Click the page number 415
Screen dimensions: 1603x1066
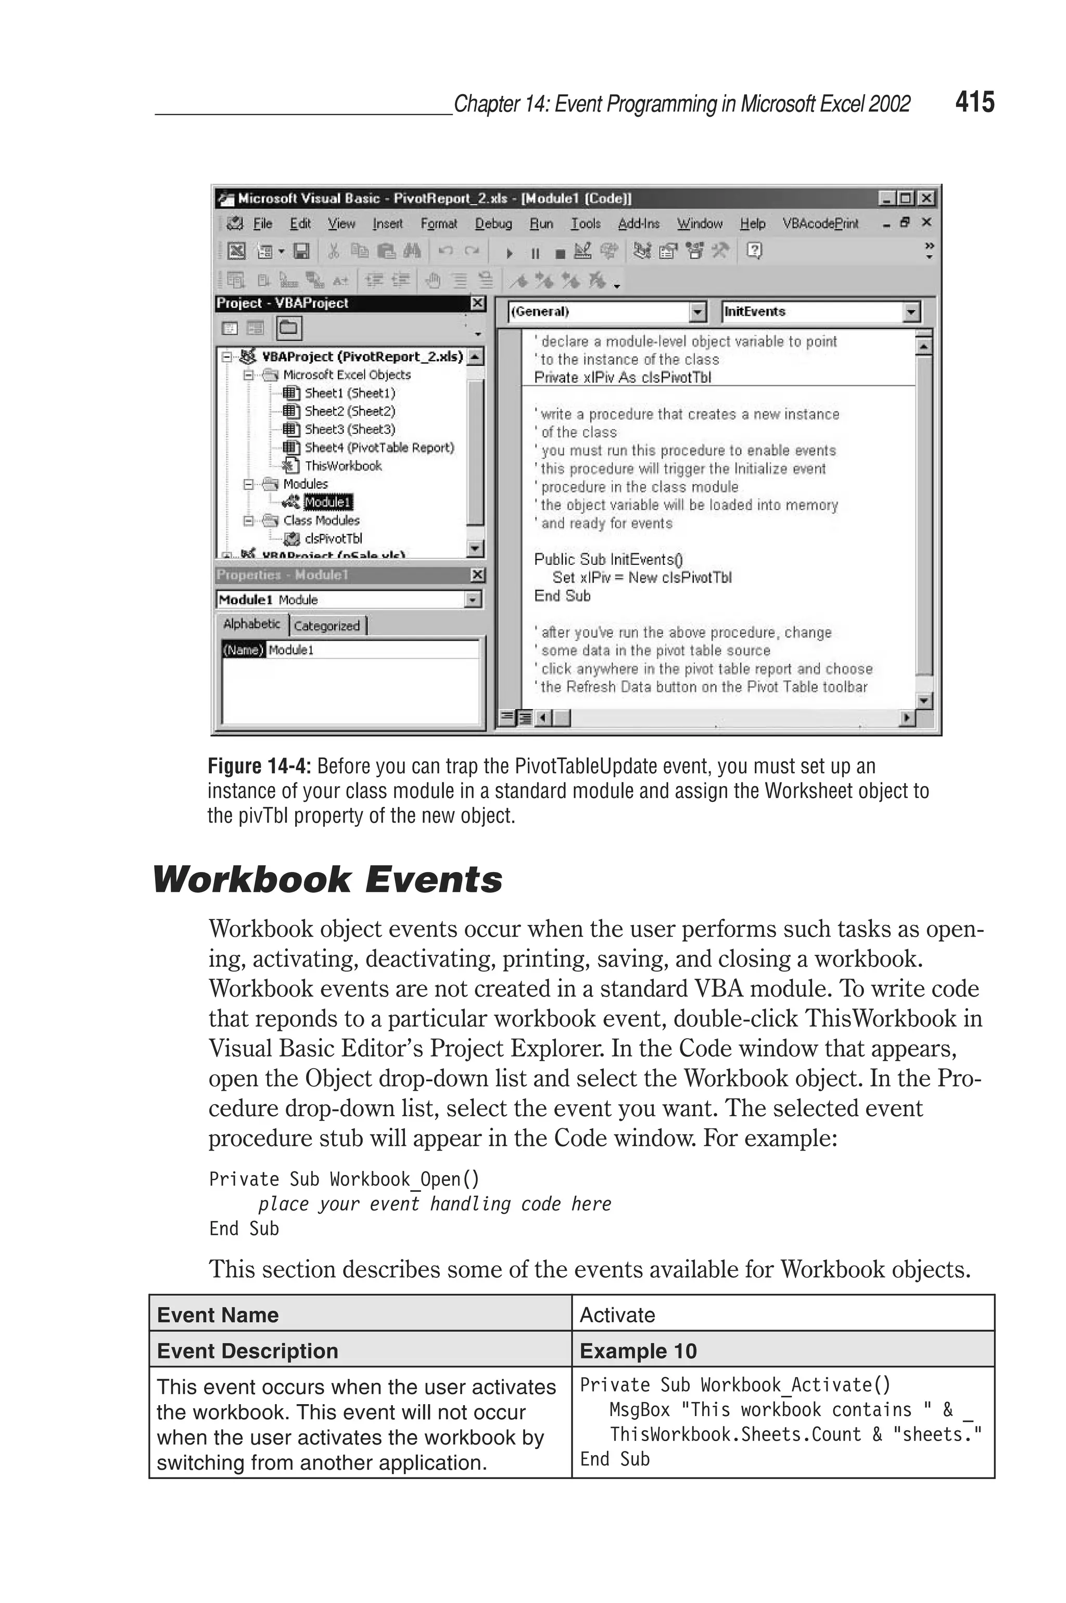[x=974, y=102]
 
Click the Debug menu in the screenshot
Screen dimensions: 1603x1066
[x=493, y=224]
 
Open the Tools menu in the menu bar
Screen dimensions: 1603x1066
[x=586, y=224]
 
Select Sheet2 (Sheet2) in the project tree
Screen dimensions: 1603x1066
[x=349, y=411]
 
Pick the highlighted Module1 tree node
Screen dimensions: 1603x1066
[x=328, y=502]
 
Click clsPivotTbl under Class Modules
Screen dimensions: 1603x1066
[x=333, y=538]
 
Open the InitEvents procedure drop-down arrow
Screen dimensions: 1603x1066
[x=911, y=312]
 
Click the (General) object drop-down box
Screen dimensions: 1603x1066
[x=600, y=312]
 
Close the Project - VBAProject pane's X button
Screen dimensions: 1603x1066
[x=478, y=303]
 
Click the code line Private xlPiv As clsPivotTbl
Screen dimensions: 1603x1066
[x=622, y=377]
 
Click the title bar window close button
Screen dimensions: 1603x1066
[x=925, y=198]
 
